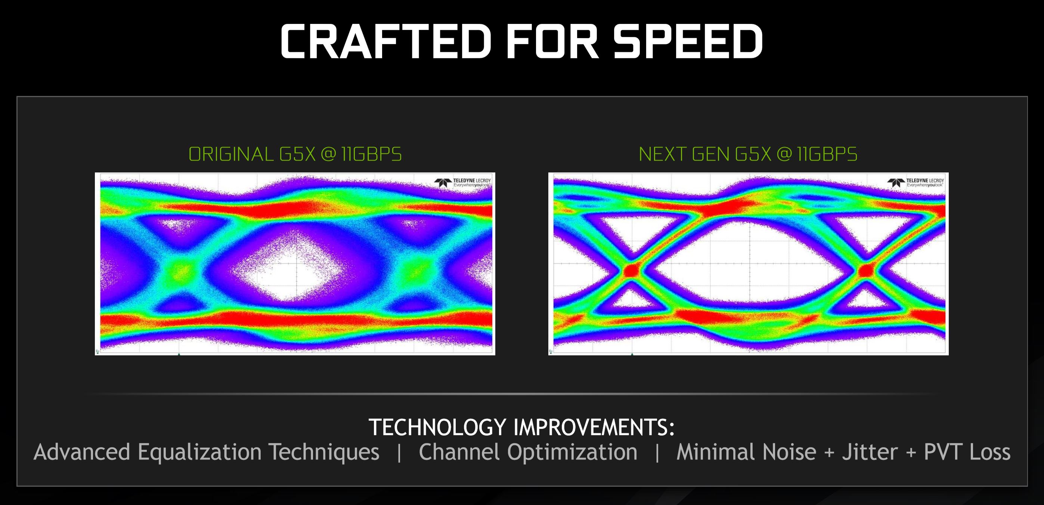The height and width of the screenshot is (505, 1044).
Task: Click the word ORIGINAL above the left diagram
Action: [231, 154]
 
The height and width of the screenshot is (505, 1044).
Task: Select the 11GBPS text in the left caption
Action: [371, 154]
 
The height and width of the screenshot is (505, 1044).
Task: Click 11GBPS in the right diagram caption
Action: [827, 154]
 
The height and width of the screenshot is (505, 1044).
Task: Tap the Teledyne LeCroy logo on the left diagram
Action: [463, 183]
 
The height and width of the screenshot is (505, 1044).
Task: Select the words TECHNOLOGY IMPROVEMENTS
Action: [521, 427]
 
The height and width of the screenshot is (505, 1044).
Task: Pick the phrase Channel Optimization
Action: [528, 452]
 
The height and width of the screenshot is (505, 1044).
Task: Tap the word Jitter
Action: [870, 452]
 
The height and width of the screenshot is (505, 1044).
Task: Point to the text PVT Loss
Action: [967, 452]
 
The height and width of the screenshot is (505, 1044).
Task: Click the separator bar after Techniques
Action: [399, 452]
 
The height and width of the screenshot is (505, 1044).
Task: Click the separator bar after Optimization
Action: [657, 452]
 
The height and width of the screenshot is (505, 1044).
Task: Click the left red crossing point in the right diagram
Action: [631, 270]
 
